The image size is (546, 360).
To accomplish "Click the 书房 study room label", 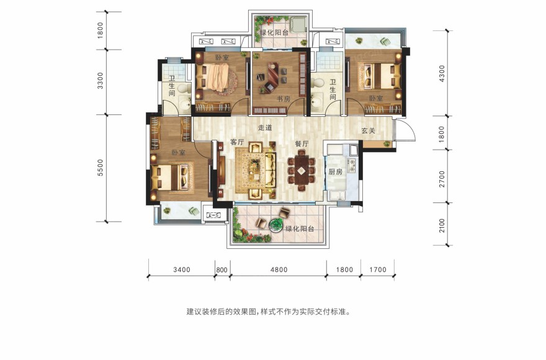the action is pos(284,99).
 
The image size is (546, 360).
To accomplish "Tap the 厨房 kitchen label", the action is pos(335,171).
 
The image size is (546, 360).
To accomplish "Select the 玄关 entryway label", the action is pos(368,131).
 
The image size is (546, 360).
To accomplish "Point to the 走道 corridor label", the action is pos(265,127).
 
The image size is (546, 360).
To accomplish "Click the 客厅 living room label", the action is pos(237,142).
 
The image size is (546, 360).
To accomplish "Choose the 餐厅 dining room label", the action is pos(302,143).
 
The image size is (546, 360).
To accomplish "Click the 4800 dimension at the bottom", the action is pos(279,269).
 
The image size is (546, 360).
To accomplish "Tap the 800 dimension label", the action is pos(222,270).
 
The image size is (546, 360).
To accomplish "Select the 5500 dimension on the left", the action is pos(101,168).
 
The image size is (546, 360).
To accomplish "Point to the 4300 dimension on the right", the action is pos(442,73).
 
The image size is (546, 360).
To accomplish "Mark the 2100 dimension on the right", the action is pos(442,225).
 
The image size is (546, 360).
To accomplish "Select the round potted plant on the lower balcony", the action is pos(275,225).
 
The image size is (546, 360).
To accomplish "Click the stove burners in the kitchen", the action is pos(352,165).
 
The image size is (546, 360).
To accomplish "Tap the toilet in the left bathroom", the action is pos(184,89).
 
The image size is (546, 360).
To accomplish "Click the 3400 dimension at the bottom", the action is pos(182,269).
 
